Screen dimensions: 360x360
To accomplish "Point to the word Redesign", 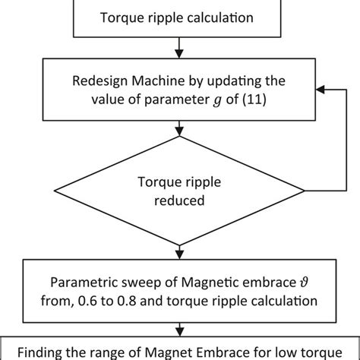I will click(x=96, y=81).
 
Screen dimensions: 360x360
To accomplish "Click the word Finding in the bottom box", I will click(x=41, y=352).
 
